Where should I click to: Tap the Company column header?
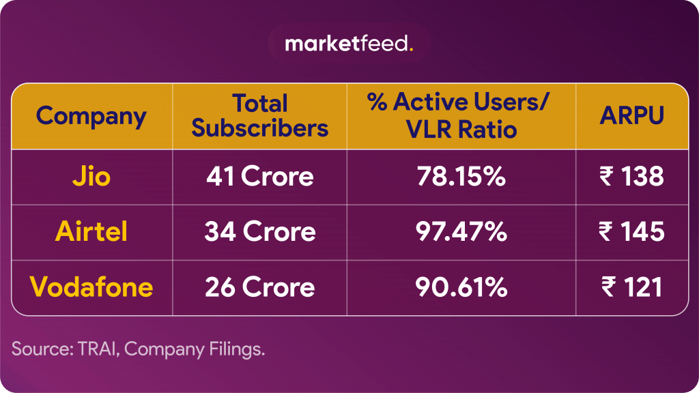point(91,116)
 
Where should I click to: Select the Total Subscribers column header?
point(259,116)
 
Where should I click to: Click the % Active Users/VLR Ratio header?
point(460,116)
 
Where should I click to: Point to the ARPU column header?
point(631,116)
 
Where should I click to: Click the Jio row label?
point(91,177)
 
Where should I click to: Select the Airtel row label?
point(91,232)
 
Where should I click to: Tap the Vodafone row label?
point(91,287)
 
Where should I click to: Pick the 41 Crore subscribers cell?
point(259,177)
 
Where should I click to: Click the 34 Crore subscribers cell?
point(259,232)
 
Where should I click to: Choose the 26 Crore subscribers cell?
point(259,287)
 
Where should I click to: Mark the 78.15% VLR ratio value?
point(461,177)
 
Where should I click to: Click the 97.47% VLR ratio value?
point(461,232)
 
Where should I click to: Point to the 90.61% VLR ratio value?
point(461,287)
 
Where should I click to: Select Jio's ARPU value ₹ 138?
point(631,177)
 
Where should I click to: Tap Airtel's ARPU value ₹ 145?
point(631,232)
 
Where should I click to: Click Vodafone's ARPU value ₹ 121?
point(631,287)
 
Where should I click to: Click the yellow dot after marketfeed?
point(411,49)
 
